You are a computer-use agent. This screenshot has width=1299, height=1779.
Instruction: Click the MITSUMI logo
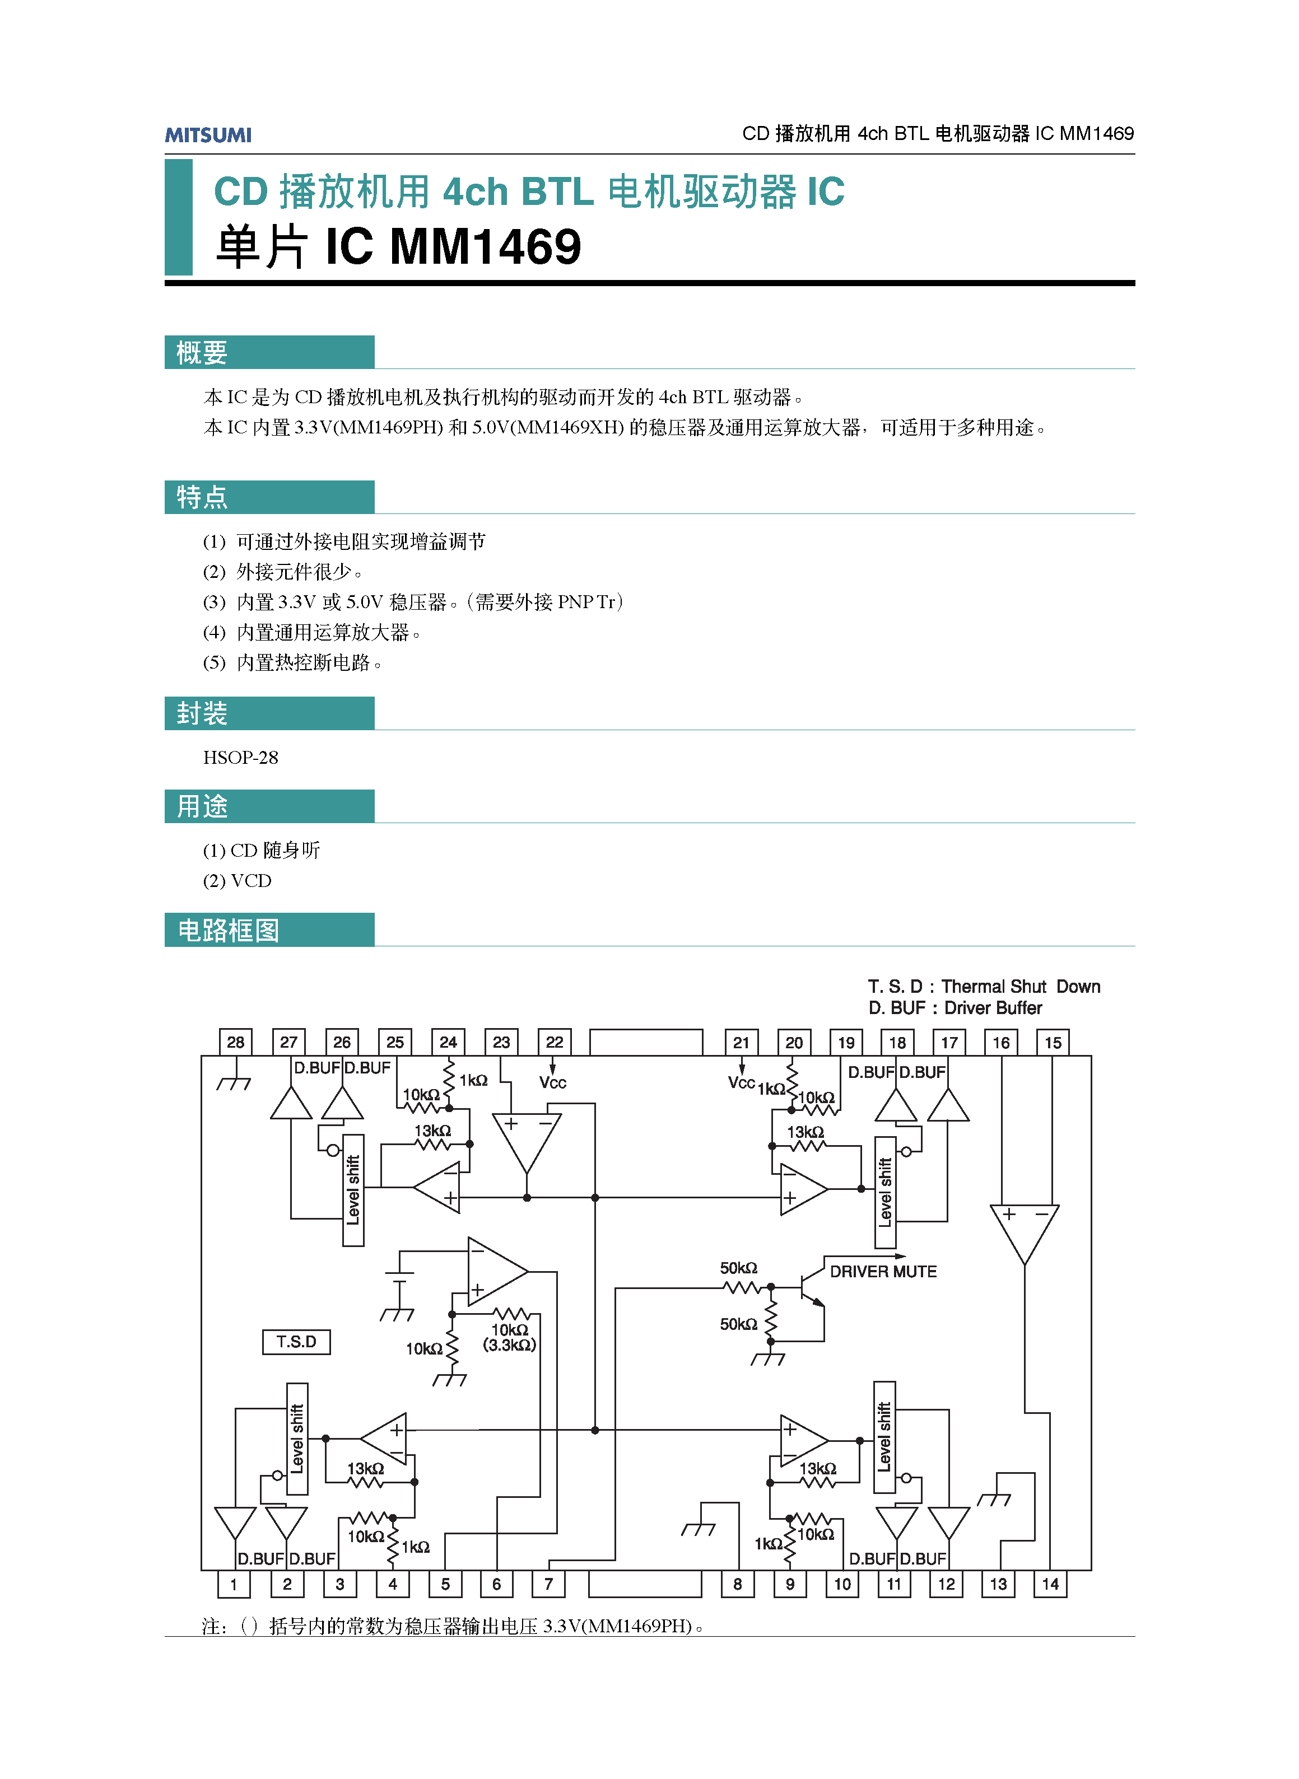[x=208, y=134]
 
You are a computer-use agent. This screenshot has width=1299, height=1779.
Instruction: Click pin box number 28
[x=235, y=1043]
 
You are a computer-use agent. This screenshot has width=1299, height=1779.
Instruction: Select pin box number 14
[x=1050, y=1584]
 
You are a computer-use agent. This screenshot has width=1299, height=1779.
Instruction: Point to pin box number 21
[x=741, y=1043]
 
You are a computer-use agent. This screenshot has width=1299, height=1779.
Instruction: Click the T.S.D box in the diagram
[x=296, y=1342]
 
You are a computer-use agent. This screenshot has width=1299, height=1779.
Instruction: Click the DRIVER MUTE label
[x=883, y=1272]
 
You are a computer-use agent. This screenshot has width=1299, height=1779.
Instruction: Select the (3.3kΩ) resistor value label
[x=510, y=1345]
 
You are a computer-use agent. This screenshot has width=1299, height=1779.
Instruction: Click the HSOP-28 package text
[x=241, y=758]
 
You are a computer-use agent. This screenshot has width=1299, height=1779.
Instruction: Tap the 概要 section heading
[x=202, y=353]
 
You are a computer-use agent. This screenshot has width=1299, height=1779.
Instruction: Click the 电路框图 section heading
[x=228, y=931]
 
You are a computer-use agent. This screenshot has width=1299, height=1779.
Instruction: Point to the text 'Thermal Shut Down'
[x=1021, y=987]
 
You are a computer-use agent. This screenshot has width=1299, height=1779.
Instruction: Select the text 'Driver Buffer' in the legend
[x=993, y=1008]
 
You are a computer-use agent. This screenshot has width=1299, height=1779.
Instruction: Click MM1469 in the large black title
[x=485, y=247]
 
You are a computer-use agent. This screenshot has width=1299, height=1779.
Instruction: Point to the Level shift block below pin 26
[x=353, y=1190]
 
